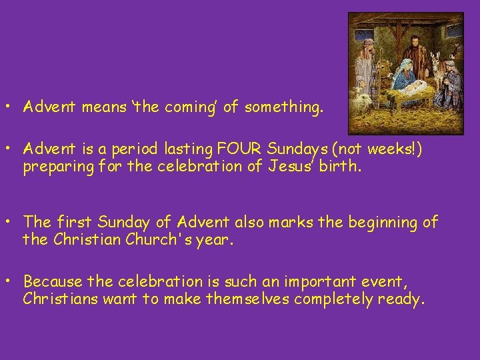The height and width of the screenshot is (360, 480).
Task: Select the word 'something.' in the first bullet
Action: pyautogui.click(x=284, y=107)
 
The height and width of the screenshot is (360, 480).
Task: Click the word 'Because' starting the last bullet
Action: pyautogui.click(x=51, y=283)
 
